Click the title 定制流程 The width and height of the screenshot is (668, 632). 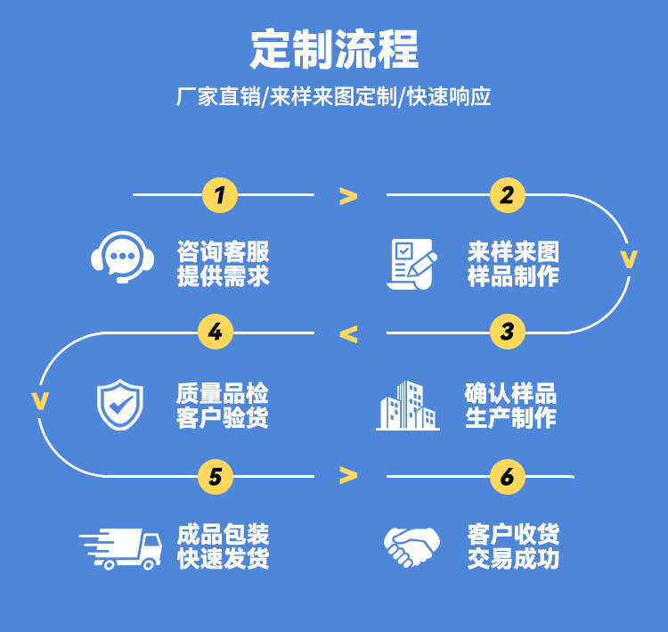pos(334,49)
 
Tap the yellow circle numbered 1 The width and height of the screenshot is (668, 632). pos(220,194)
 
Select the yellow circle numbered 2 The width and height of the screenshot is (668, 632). pos(507,194)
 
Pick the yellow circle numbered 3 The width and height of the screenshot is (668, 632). pos(507,333)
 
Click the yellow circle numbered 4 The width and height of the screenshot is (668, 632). pos(215,333)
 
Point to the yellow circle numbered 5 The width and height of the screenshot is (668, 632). pos(215,477)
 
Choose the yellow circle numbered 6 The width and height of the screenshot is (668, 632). pos(507,477)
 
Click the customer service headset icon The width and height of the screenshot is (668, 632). pos(124,258)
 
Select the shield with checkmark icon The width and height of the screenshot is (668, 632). pos(120,404)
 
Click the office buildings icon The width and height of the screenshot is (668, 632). pos(408,406)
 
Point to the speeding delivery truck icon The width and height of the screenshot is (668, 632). pos(121,548)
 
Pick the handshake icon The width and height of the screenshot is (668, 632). pos(411,546)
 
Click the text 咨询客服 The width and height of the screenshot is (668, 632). pos(223,250)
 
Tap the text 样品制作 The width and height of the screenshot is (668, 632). pos(513,276)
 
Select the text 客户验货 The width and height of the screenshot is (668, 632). pos(223,417)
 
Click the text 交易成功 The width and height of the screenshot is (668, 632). pos(513,560)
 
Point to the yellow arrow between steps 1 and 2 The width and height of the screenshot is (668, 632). pos(348,196)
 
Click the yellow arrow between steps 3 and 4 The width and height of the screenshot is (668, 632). pos(348,335)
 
